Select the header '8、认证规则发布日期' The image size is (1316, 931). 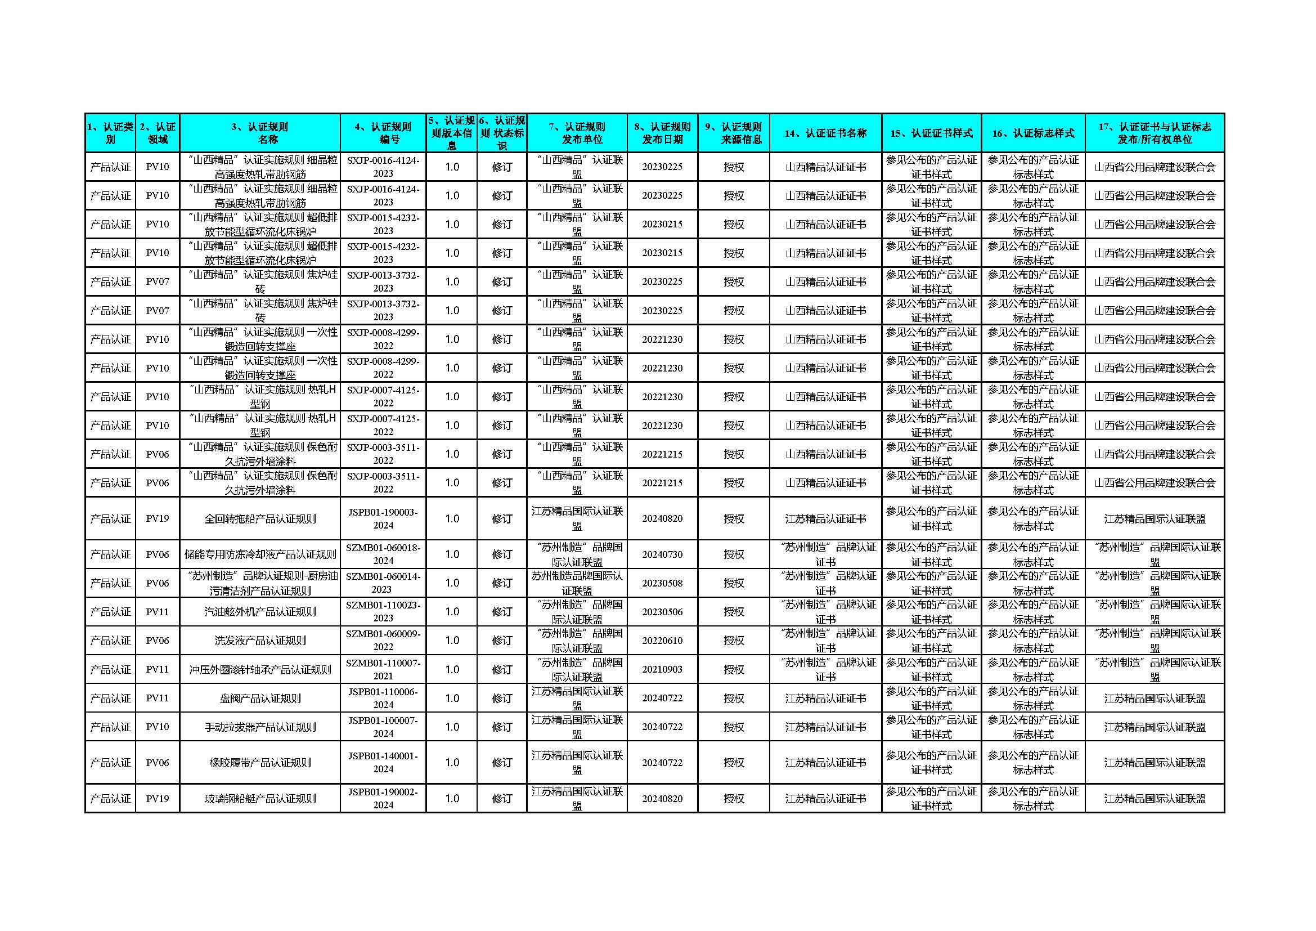pos(662,133)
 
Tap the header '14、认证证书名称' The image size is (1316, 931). pos(825,133)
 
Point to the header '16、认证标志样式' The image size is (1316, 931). pos(1033,133)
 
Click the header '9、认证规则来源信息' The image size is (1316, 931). pos(734,133)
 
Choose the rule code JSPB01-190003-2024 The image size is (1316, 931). pos(383,518)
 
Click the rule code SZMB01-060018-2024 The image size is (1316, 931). pos(383,554)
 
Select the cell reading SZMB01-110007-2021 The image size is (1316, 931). pos(383,669)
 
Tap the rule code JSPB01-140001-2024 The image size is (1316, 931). pos(383,763)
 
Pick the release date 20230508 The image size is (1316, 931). pos(662,583)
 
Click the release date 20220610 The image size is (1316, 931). pos(662,641)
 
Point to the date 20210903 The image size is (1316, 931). pos(662,669)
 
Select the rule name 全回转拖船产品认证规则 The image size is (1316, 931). pos(260,519)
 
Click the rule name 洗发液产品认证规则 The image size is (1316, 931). pos(260,641)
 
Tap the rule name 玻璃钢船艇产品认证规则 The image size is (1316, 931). pos(260,799)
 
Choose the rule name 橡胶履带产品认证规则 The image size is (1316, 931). pos(260,763)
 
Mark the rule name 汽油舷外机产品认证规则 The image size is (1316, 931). pos(260,612)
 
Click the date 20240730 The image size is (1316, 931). pos(662,554)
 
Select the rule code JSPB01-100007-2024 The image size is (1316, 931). pos(383,727)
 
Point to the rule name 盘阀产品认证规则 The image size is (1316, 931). pos(260,698)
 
